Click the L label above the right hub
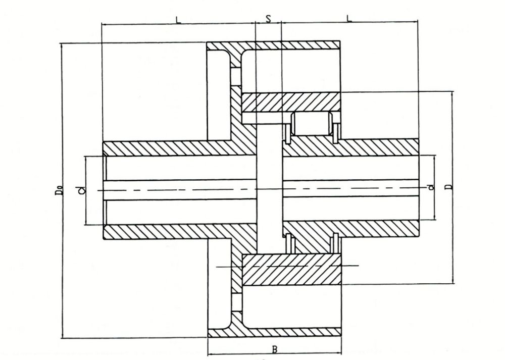click(x=349, y=19)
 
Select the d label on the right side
click(x=430, y=188)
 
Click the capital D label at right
click(x=448, y=187)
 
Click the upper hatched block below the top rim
click(x=292, y=103)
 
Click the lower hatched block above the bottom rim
click(x=292, y=270)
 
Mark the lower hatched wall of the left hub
click(x=167, y=231)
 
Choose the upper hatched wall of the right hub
click(x=353, y=147)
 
